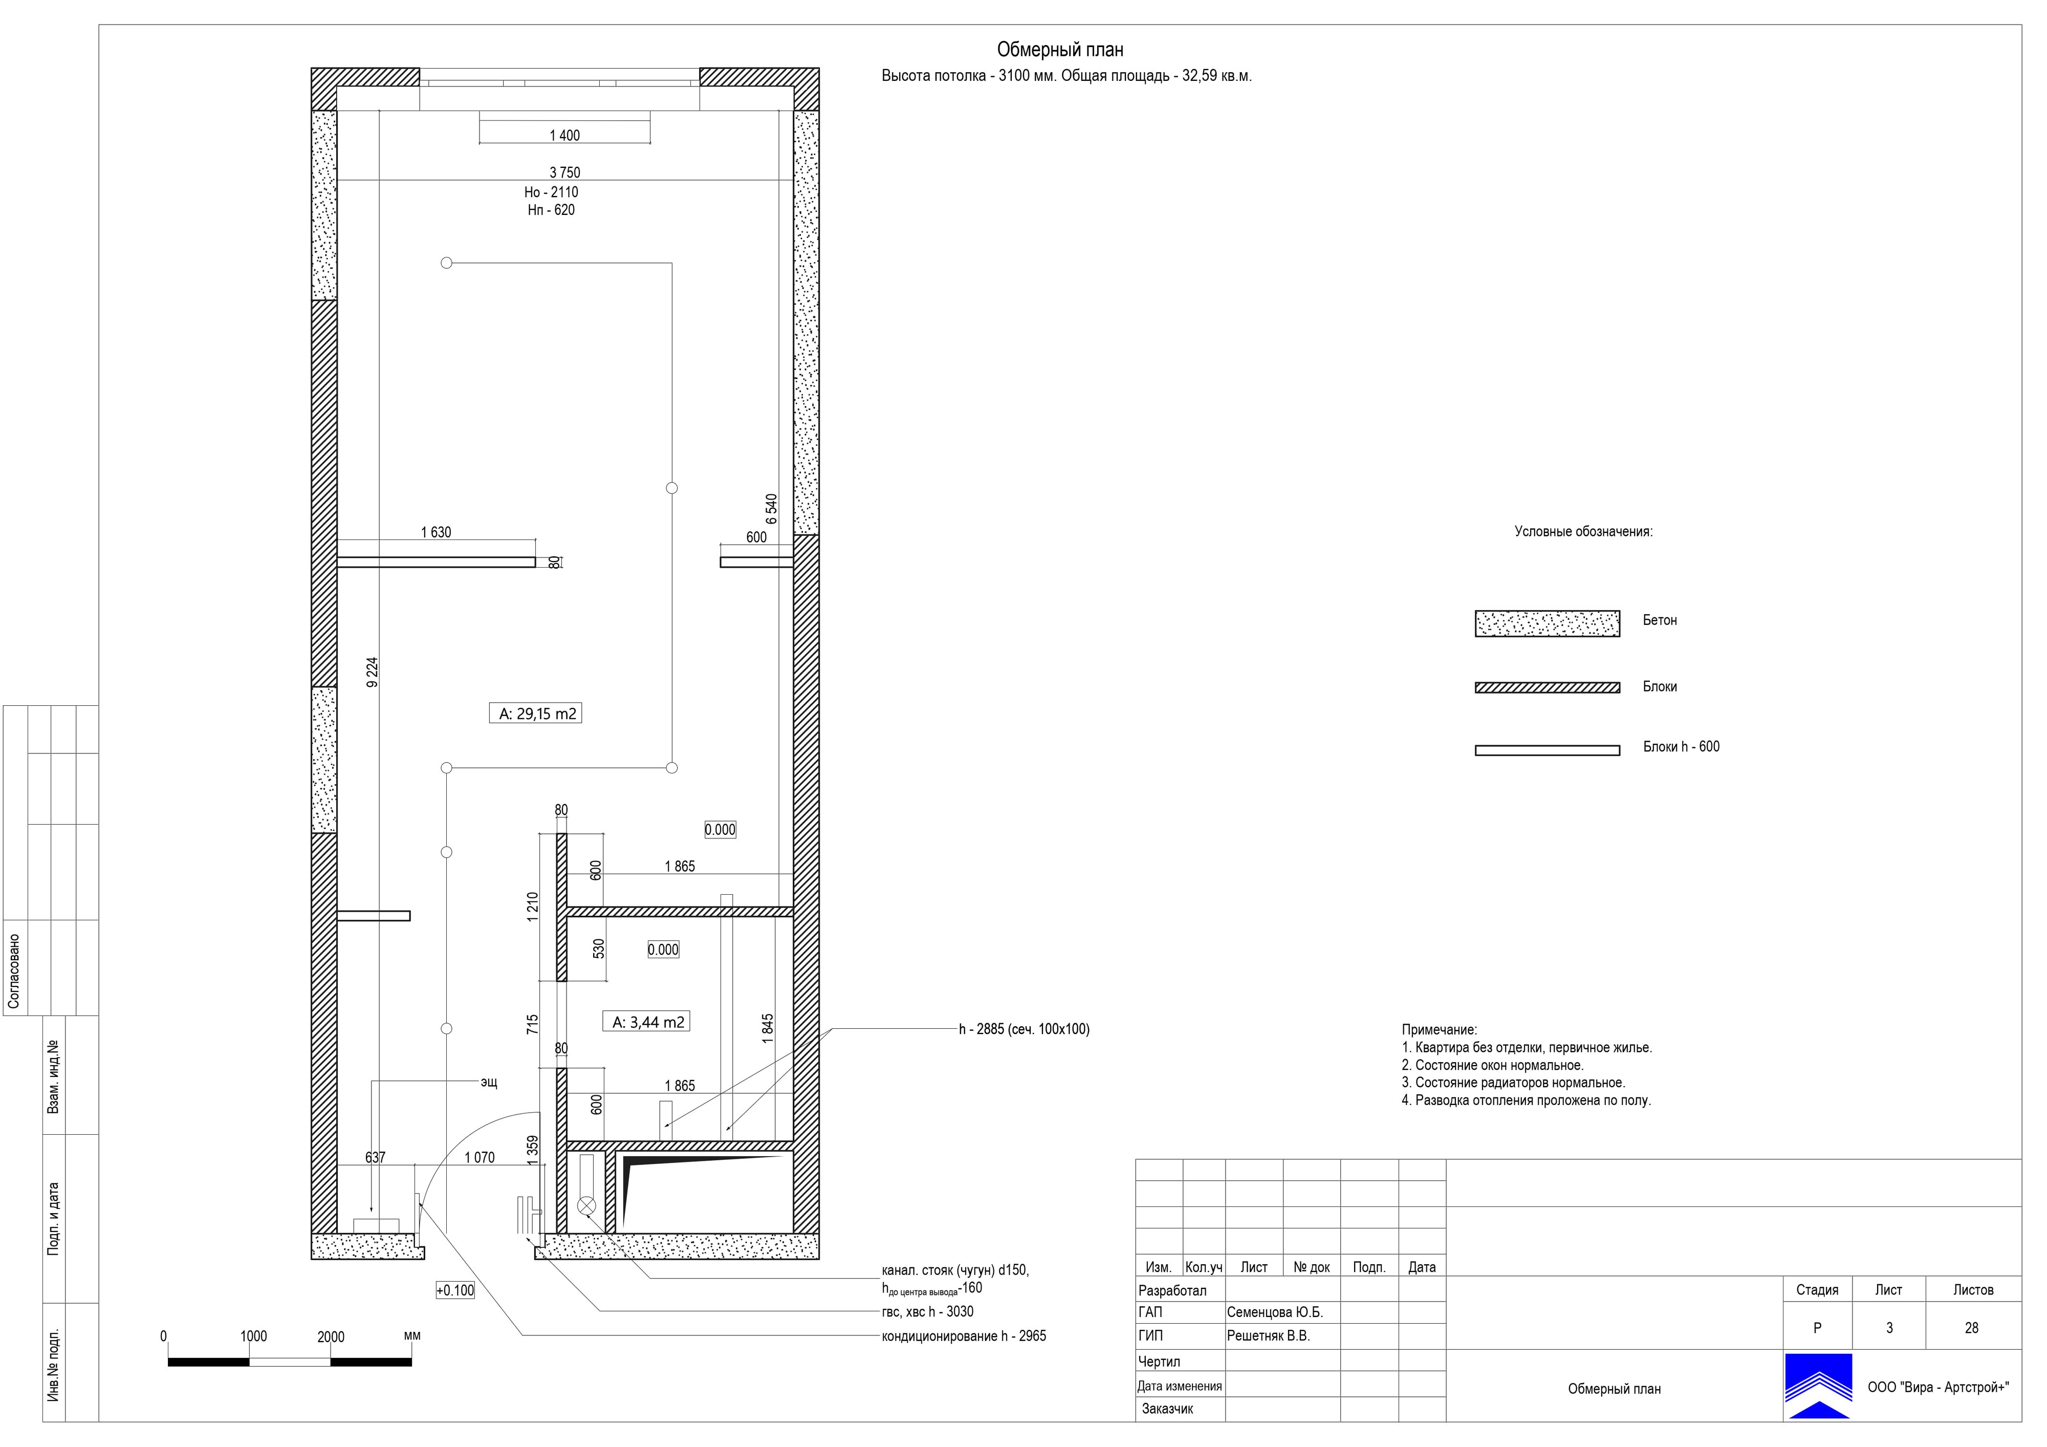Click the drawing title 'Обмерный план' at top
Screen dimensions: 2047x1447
point(1059,50)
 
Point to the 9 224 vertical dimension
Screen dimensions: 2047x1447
point(373,672)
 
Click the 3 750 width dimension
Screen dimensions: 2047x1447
point(564,172)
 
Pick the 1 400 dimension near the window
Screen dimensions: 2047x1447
point(564,136)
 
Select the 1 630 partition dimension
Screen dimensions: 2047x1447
point(436,532)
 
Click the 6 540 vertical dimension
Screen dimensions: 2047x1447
point(771,509)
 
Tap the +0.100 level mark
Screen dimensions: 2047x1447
point(455,1290)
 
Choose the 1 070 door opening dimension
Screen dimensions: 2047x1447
point(480,1157)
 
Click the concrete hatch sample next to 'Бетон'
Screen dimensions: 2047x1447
point(1547,623)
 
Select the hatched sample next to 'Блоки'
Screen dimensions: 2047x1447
point(1547,687)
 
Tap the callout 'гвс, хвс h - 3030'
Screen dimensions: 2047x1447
point(927,1311)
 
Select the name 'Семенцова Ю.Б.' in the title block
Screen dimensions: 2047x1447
point(1275,1312)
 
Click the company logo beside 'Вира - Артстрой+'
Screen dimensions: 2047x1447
point(1818,1387)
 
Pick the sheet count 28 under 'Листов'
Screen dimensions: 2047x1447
point(1971,1328)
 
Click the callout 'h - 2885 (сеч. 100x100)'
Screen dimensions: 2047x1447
point(1025,1029)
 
